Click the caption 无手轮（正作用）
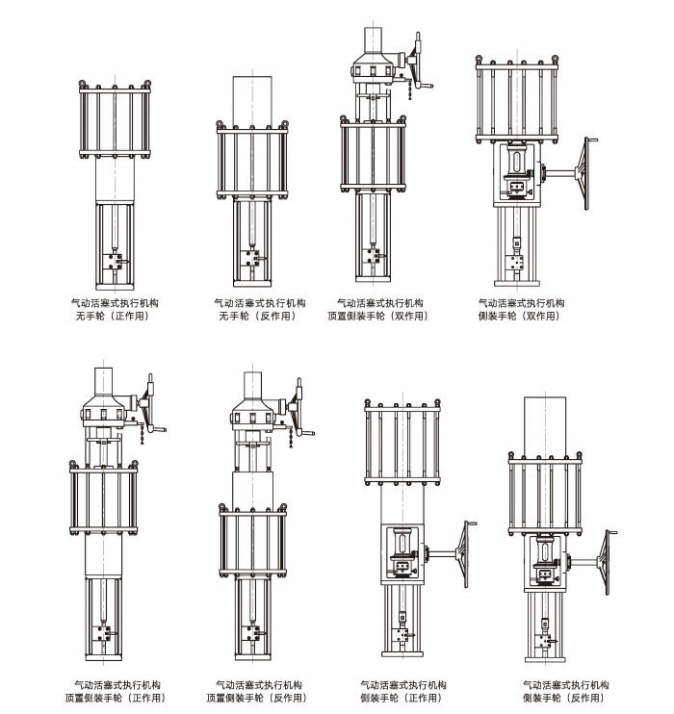coord(116,316)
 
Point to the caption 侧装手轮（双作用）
coord(520,316)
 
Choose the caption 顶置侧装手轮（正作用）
coord(116,698)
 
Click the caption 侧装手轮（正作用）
coord(402,698)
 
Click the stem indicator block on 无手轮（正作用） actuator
coord(116,260)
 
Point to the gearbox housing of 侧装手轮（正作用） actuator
coord(402,553)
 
